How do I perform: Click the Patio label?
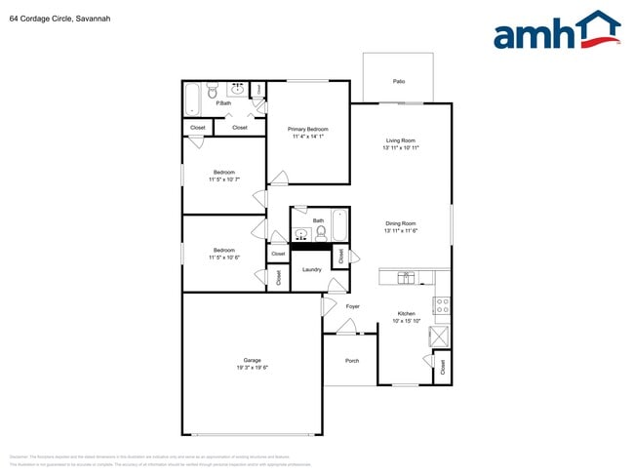399,82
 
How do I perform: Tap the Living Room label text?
400,140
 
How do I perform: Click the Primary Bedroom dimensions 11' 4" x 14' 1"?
307,137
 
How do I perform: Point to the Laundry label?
312,269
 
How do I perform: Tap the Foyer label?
353,306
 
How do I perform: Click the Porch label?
352,361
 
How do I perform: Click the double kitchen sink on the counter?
407,277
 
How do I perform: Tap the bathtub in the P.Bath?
192,99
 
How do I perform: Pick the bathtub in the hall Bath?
339,225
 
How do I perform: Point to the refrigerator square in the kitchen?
441,337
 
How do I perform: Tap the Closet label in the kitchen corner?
443,368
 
